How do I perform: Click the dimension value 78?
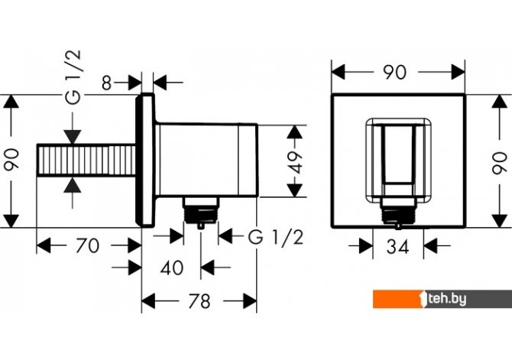tap(199, 301)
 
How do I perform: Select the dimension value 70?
tap(87, 245)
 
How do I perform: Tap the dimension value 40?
tap(172, 268)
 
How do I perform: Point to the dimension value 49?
tap(295, 162)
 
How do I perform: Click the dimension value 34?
tap(397, 247)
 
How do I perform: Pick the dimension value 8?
tap(106, 83)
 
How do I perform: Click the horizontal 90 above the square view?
tap(395, 72)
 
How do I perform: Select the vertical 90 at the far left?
tap(11, 160)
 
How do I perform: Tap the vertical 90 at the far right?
tap(500, 163)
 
